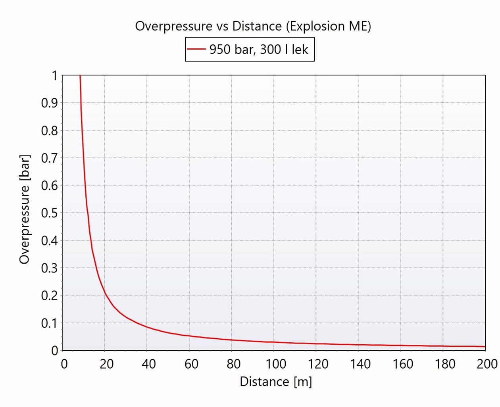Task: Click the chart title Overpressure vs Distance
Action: click(253, 26)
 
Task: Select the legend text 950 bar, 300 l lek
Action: click(259, 50)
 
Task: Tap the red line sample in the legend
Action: click(196, 49)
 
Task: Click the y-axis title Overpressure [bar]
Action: click(25, 209)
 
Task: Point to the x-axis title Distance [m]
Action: click(276, 382)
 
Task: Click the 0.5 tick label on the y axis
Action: click(50, 213)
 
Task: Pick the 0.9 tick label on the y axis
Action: click(50, 103)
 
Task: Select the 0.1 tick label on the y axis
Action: click(50, 323)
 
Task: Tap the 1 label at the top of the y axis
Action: click(54, 76)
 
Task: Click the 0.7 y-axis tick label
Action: click(50, 158)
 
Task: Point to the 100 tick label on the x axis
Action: click(276, 364)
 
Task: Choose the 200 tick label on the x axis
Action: click(487, 364)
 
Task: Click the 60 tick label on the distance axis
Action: click(191, 364)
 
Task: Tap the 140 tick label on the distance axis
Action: click(360, 364)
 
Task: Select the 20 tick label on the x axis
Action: click(106, 364)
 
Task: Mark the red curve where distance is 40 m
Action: click(147, 327)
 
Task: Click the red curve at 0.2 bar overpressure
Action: click(105, 295)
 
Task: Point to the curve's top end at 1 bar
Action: click(80, 76)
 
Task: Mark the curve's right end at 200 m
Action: click(485, 347)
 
